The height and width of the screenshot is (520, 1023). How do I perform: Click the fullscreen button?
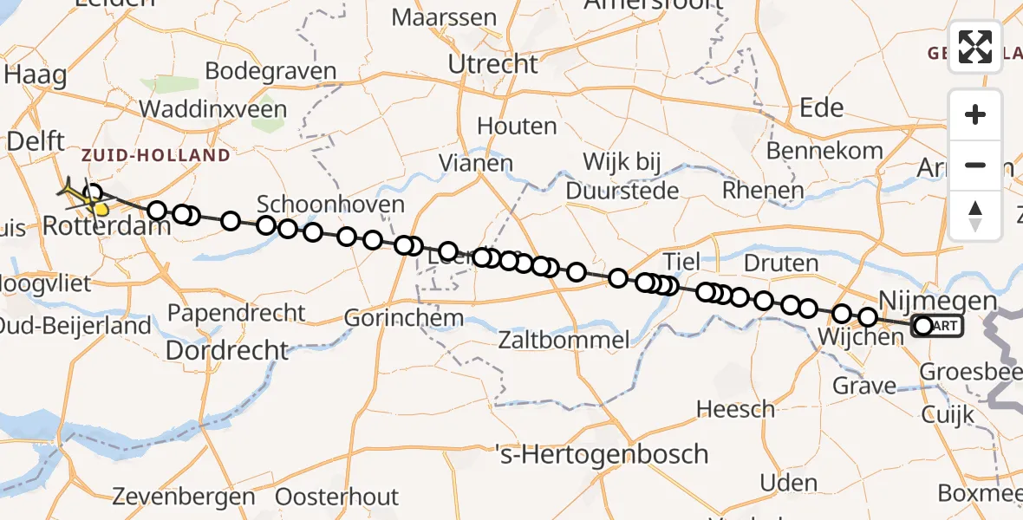[975, 46]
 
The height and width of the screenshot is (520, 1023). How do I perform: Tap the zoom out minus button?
[975, 165]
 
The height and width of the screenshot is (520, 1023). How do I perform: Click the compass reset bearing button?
[975, 215]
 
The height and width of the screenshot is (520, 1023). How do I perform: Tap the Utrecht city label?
[492, 63]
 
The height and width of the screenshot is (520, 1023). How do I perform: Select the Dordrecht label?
[226, 350]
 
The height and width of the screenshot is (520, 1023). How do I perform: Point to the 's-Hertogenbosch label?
[601, 454]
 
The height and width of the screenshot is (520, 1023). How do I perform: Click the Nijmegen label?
[937, 301]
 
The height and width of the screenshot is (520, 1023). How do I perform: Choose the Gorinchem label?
[403, 318]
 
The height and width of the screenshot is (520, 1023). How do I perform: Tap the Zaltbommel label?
[564, 339]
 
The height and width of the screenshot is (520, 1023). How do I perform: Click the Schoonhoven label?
[331, 205]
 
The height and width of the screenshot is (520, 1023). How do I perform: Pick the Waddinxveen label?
[212, 109]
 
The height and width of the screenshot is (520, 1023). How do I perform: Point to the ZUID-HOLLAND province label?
[156, 156]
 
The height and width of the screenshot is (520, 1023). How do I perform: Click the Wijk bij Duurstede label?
[622, 175]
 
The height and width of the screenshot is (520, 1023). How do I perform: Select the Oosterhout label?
[337, 497]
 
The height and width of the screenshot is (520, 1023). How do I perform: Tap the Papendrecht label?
[237, 312]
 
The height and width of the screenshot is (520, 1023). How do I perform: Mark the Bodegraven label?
[271, 71]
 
